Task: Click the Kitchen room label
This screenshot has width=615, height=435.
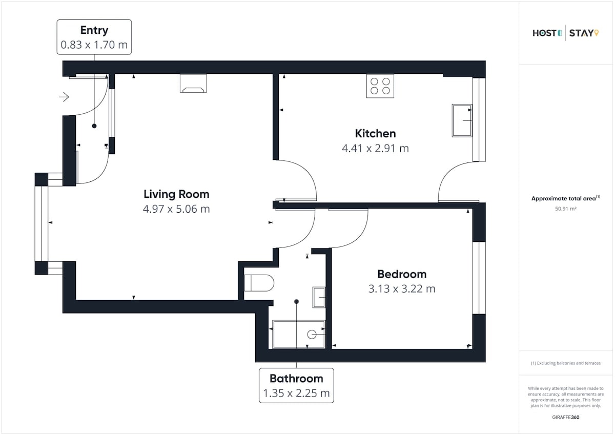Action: point(375,134)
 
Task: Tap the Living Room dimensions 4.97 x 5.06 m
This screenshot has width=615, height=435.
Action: point(176,209)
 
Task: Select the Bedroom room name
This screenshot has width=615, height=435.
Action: point(402,274)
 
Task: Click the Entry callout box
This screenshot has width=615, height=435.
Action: point(94,37)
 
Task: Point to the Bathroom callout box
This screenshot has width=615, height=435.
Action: point(296,386)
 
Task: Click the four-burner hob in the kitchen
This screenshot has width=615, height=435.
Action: point(380,86)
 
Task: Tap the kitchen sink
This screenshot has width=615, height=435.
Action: point(462,120)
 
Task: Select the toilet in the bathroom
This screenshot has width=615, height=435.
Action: point(259,283)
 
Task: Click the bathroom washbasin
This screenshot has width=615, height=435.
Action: point(319,297)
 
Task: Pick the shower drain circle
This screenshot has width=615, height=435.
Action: point(312,335)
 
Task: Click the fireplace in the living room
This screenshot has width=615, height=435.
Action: point(193,84)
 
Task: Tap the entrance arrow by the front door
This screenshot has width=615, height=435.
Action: point(64,97)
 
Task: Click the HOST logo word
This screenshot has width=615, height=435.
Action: point(544,33)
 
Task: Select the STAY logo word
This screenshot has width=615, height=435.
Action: point(581,33)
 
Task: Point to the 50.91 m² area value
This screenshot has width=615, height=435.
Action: point(566,209)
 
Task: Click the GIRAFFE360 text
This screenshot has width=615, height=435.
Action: point(566,418)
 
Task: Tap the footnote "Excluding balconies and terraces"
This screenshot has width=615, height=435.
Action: point(568,363)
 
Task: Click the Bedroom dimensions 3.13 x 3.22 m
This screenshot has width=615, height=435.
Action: point(402,289)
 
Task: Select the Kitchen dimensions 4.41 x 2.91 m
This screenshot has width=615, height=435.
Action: point(375,149)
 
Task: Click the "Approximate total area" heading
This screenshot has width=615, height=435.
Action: point(563,198)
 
